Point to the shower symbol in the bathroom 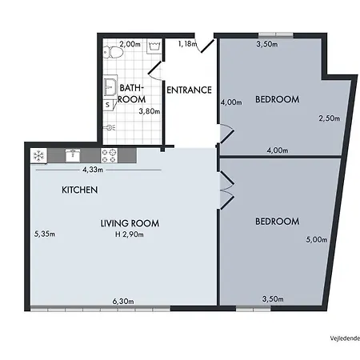click(x=110, y=126)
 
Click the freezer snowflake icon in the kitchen click(x=38, y=154)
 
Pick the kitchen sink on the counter click(x=74, y=154)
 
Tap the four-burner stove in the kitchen click(x=110, y=154)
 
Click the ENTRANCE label click(x=189, y=90)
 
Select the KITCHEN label click(x=80, y=190)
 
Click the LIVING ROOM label click(x=130, y=223)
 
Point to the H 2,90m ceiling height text click(x=130, y=235)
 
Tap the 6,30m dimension click(x=122, y=302)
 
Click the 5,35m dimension click(x=43, y=235)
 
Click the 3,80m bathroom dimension click(x=150, y=111)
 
